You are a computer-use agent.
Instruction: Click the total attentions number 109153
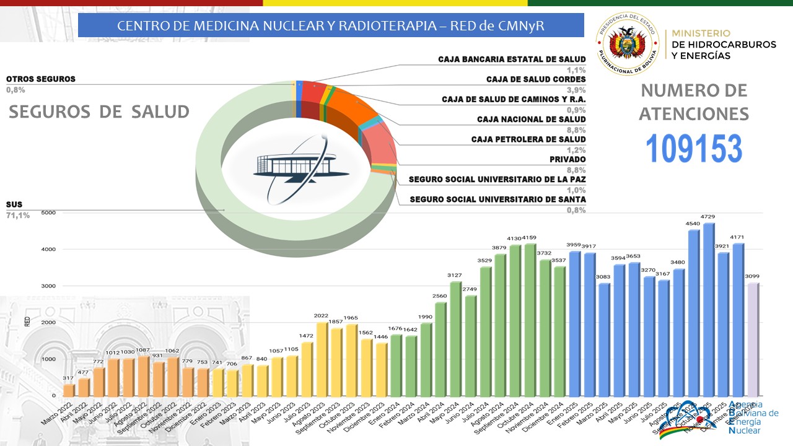(694, 149)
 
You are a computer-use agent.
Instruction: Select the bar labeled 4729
(709, 310)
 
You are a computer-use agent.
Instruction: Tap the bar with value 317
(69, 390)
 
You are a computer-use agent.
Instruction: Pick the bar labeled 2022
(322, 359)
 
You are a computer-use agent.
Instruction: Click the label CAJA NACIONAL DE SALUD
(531, 119)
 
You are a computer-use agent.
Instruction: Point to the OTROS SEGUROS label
(41, 79)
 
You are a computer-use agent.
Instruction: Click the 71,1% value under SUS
(18, 215)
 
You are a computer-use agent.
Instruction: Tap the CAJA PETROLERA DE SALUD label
(528, 139)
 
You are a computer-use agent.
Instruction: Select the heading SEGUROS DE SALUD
(99, 111)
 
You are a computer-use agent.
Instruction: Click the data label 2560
(440, 296)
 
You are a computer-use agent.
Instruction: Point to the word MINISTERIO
(701, 33)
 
